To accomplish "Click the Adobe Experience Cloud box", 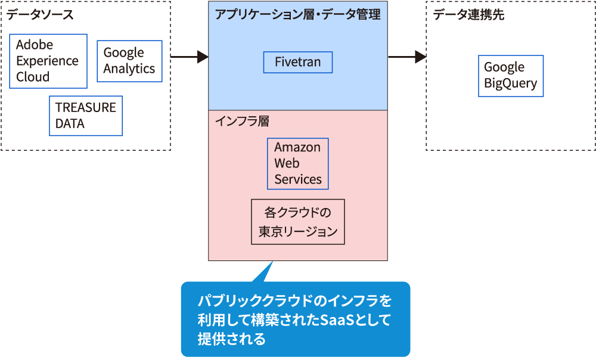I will tap(48, 61).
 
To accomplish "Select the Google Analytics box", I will tap(129, 61).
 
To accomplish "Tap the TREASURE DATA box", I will tap(86, 116).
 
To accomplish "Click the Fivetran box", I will tap(297, 62).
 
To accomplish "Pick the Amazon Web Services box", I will tap(297, 163).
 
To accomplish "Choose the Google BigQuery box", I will tap(510, 76).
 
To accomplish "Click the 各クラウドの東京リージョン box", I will tap(297, 222).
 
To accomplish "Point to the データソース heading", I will tap(41, 15).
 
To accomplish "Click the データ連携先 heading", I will tap(468, 15).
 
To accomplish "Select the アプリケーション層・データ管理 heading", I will tap(297, 15).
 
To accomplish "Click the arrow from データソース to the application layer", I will tap(189, 57).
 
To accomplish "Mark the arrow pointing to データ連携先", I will tap(407, 57).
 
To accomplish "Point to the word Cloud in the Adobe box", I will tap(33, 77).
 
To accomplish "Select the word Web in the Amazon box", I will tap(287, 163).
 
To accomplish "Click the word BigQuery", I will tap(510, 83).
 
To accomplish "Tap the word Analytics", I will tap(129, 69).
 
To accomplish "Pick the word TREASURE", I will tap(85, 108).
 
